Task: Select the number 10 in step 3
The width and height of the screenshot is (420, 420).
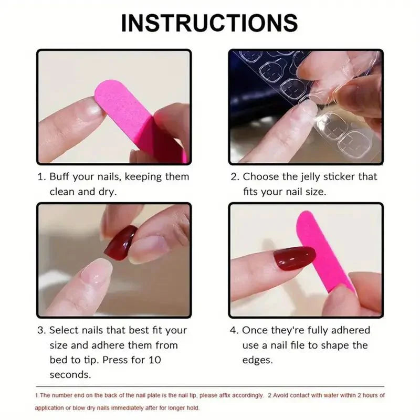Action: (x=155, y=360)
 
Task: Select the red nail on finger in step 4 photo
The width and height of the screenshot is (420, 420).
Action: (x=294, y=258)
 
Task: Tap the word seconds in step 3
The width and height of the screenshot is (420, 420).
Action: (x=70, y=375)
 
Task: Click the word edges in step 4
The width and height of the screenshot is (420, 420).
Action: (x=257, y=360)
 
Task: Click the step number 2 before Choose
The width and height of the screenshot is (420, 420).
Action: (x=234, y=177)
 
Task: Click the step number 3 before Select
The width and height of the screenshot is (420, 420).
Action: (x=40, y=330)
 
